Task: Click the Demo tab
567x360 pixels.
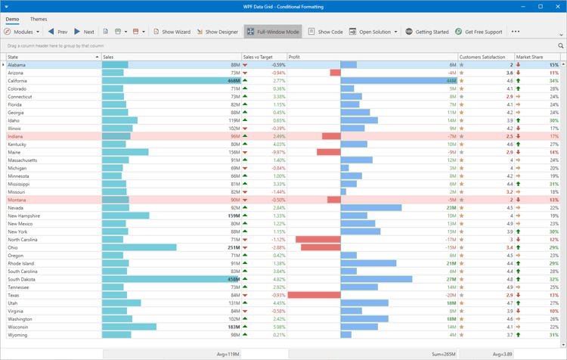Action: [x=12, y=19]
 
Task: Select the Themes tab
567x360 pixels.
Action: [x=38, y=19]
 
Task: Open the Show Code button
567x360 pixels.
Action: [x=325, y=32]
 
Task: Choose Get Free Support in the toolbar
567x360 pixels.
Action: [x=478, y=32]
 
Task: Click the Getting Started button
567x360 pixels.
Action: [x=426, y=32]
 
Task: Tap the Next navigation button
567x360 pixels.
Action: [x=84, y=32]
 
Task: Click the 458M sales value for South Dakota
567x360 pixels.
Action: [x=233, y=279]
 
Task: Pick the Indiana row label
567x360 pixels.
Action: [x=16, y=136]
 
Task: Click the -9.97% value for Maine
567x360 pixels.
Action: [x=258, y=152]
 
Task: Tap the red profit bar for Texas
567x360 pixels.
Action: [x=314, y=295]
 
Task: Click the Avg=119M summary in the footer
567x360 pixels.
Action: [x=228, y=353]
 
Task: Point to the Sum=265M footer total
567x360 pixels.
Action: [x=444, y=353]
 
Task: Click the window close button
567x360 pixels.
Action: [x=556, y=6]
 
